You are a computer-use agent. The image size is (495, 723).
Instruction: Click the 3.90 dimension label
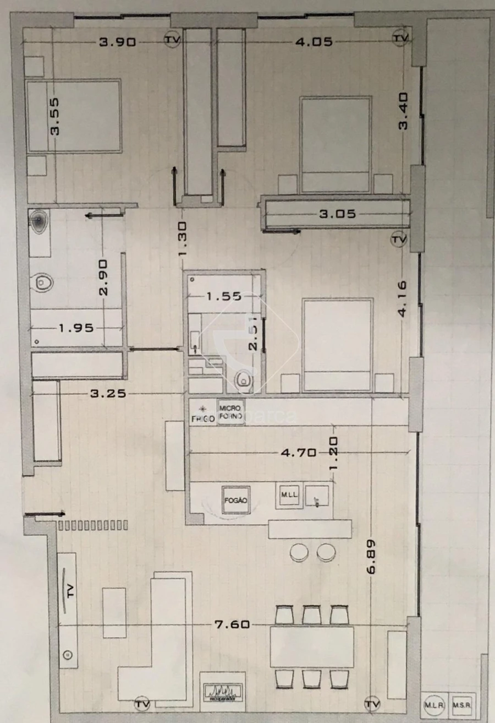117,42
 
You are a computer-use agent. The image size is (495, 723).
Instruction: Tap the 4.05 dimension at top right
314,42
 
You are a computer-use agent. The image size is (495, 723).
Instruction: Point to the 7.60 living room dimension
233,624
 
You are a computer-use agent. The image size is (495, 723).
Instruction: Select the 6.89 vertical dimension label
371,557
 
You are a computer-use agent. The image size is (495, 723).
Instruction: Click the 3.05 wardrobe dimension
338,214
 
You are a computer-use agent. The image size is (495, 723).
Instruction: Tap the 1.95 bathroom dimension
76,328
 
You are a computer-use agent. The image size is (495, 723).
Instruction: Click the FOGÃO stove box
235,500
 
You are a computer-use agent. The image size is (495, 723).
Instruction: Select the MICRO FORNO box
230,412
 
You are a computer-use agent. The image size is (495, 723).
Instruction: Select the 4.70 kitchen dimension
298,453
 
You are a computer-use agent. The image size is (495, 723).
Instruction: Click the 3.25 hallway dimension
108,393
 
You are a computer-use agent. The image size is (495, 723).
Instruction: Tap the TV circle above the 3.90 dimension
172,39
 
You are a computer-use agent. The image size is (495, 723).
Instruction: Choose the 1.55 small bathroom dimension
224,296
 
